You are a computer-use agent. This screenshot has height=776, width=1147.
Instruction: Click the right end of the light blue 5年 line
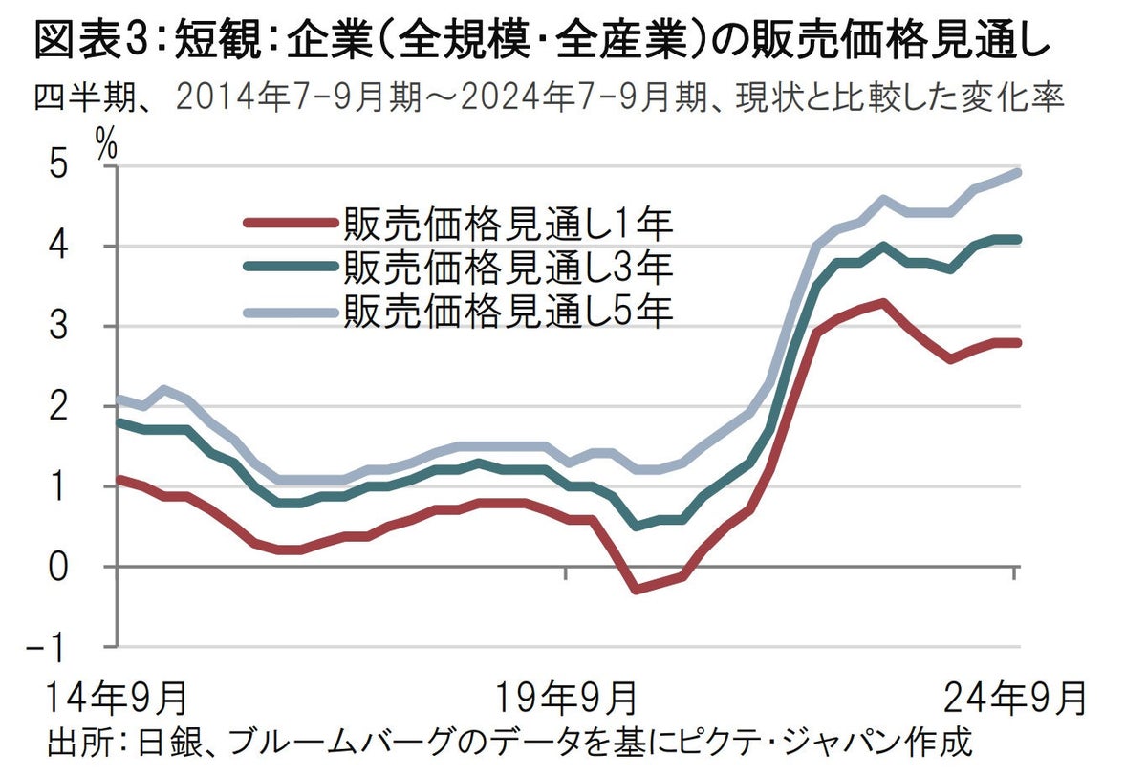[x=1017, y=173]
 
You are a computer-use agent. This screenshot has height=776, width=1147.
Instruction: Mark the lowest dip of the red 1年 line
[x=636, y=589]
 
